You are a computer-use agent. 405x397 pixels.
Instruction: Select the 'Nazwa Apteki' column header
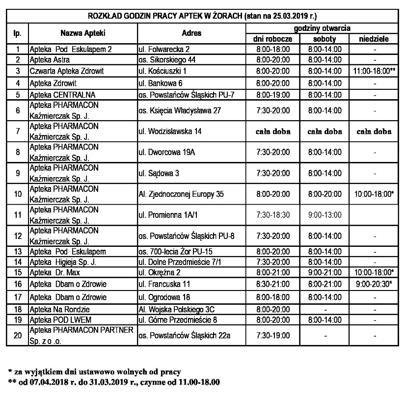[x=83, y=33]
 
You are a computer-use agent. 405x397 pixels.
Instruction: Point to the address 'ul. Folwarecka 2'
[x=163, y=49]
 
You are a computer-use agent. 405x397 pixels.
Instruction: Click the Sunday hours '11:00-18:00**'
[x=374, y=71]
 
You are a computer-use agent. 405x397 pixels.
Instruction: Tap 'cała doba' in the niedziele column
[x=374, y=132]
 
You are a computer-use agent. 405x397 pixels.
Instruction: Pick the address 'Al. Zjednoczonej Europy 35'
[x=181, y=194]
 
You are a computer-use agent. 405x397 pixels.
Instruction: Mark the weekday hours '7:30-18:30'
[x=273, y=215]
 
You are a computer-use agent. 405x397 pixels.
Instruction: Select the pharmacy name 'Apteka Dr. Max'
[x=54, y=272]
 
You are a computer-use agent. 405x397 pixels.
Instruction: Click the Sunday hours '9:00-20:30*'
[x=374, y=284]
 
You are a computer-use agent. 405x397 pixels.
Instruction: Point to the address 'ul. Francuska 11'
[x=164, y=284]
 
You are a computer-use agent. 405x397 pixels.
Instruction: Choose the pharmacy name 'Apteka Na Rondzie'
[x=57, y=309]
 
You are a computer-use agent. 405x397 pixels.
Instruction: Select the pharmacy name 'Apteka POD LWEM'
[x=55, y=319]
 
